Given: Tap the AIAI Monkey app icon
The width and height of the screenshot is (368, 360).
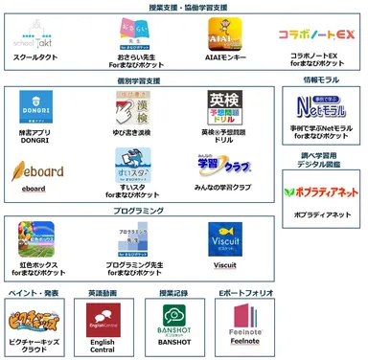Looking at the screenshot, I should click(221, 34).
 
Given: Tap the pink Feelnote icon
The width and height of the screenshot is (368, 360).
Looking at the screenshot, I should click(248, 321).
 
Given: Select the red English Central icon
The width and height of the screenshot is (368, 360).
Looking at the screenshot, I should click(103, 322).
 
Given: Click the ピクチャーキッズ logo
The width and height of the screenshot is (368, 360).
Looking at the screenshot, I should click(32, 320).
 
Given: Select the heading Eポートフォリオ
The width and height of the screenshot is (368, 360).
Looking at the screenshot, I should click(247, 292).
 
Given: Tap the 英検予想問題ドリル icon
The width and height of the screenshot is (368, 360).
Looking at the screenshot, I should click(222, 108).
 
